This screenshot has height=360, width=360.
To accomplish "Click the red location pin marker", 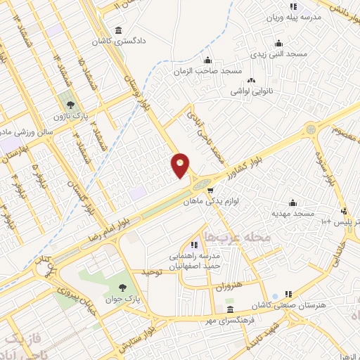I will tap(181, 166).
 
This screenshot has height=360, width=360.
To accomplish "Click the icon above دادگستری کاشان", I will tap(117, 30).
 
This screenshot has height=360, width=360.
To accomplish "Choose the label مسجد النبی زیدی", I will tap(280, 53).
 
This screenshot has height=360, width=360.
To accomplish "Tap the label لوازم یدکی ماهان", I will tap(208, 200).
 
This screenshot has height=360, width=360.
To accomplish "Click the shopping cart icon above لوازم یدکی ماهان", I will tap(209, 190).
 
